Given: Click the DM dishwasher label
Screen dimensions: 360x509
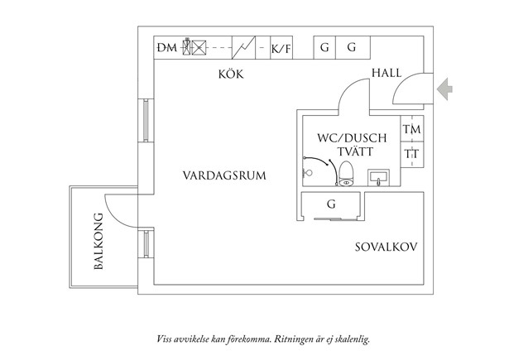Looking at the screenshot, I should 166,48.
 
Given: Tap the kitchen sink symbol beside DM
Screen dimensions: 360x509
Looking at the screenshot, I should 194,48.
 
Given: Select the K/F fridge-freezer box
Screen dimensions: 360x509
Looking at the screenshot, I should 281,48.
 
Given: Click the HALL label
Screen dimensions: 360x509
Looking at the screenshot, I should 386,74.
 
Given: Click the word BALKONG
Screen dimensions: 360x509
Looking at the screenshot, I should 98,242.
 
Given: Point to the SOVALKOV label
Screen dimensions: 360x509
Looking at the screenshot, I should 385,247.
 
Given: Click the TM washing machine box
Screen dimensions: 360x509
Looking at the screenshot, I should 411,130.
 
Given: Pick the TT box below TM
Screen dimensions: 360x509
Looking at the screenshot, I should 411,154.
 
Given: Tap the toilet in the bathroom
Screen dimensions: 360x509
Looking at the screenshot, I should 346,172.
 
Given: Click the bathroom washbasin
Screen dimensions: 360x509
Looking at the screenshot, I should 380,177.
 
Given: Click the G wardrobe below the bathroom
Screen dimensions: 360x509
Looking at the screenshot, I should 331,204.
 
